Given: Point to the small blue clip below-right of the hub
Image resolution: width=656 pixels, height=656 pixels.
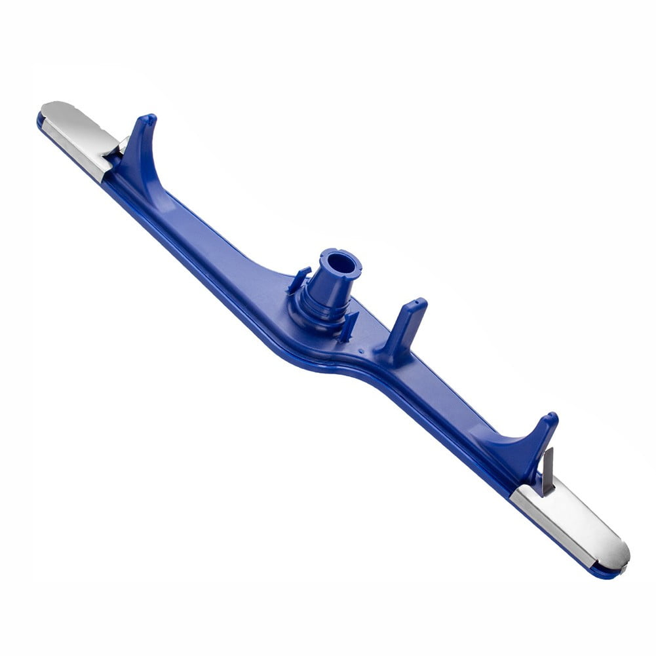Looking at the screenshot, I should pyautogui.click(x=348, y=325).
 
